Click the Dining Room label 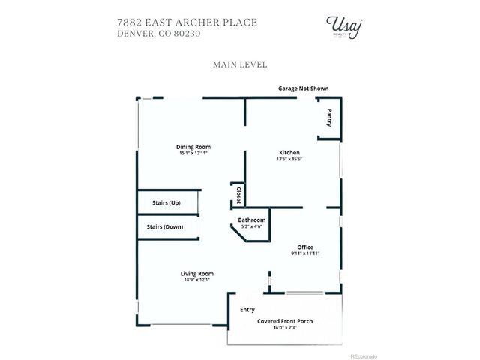pyautogui.click(x=193, y=147)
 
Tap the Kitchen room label pyautogui.click(x=289, y=152)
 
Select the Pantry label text pyautogui.click(x=329, y=118)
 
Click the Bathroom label pyautogui.click(x=252, y=220)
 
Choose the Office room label pyautogui.click(x=305, y=247)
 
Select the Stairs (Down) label pyautogui.click(x=165, y=226)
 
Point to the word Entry pyautogui.click(x=247, y=309)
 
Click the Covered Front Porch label pyautogui.click(x=285, y=321)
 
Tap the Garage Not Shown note pyautogui.click(x=303, y=88)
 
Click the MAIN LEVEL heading pyautogui.click(x=240, y=64)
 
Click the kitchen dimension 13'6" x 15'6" pyautogui.click(x=289, y=159)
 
